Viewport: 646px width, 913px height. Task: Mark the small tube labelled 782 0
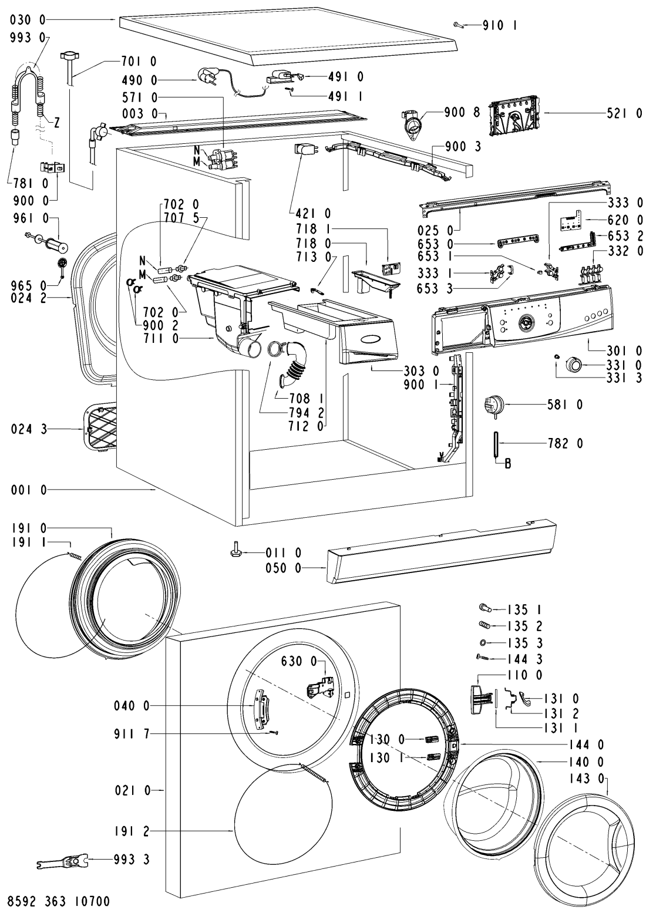496,444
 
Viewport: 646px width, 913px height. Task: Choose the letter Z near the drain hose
57,123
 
